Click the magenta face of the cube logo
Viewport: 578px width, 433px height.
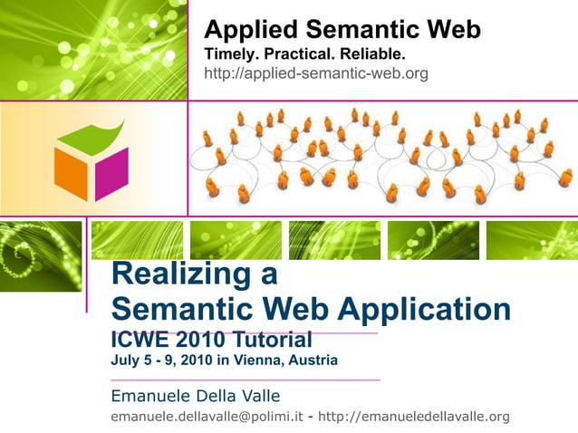(111, 172)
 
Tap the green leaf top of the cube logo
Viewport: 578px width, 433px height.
(91, 136)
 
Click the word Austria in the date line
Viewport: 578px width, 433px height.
(313, 361)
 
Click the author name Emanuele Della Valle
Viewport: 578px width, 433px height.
(195, 395)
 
